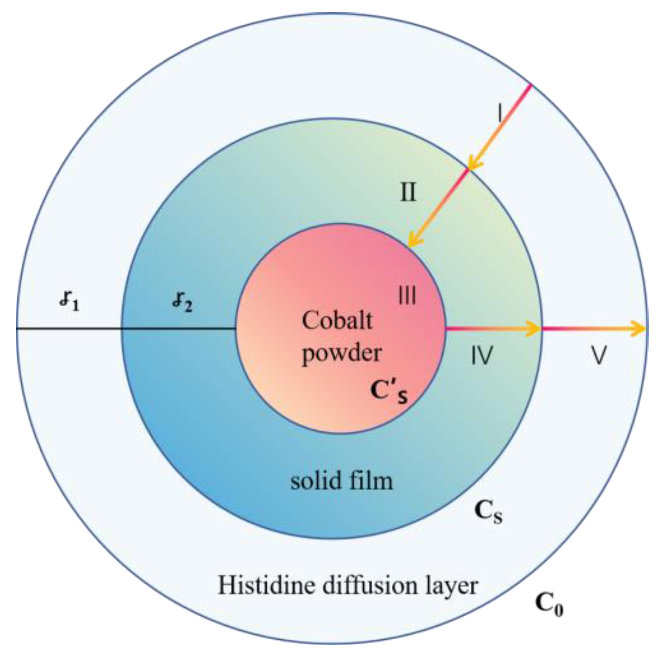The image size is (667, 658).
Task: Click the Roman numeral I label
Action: click(x=500, y=113)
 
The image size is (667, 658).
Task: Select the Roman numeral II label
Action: click(x=408, y=192)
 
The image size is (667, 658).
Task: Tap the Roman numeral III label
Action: click(x=407, y=295)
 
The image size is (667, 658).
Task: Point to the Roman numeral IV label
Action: click(x=482, y=355)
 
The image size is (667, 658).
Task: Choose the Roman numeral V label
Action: click(x=599, y=355)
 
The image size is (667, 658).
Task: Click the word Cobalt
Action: click(x=337, y=320)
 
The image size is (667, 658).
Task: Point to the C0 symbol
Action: click(x=549, y=603)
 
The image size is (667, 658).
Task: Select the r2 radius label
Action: click(x=182, y=302)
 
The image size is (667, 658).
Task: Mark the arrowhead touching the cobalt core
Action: click(x=413, y=242)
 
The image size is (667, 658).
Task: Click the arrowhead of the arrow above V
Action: click(x=637, y=329)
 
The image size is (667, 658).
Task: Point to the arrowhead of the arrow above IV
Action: click(x=533, y=329)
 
